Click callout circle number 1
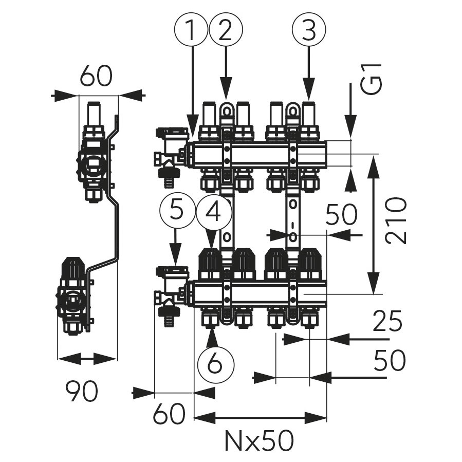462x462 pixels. click(x=191, y=30)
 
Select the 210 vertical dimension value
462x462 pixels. click(x=396, y=220)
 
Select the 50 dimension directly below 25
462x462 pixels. click(x=390, y=361)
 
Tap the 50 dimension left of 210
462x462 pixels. click(x=341, y=215)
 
